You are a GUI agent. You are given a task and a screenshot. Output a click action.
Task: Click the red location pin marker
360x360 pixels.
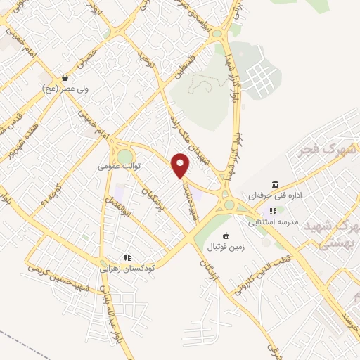tap(181, 166)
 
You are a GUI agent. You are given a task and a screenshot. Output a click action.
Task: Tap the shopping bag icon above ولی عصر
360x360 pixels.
tap(65, 78)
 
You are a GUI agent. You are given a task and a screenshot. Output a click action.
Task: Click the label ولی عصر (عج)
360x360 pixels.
tap(64, 89)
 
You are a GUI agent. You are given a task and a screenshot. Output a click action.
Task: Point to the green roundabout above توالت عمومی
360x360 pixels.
tap(125, 155)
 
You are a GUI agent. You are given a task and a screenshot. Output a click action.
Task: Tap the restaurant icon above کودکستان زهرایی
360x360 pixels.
tap(127, 257)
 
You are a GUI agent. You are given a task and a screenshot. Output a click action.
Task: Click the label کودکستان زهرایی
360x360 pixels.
tap(127, 269)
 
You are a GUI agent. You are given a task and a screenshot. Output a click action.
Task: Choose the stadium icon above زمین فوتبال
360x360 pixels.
tap(226, 236)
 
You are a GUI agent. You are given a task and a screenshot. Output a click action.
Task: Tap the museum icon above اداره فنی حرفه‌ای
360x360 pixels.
tap(274, 184)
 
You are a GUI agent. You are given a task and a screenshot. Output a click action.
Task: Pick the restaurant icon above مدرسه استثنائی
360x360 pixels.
tap(272, 210)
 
